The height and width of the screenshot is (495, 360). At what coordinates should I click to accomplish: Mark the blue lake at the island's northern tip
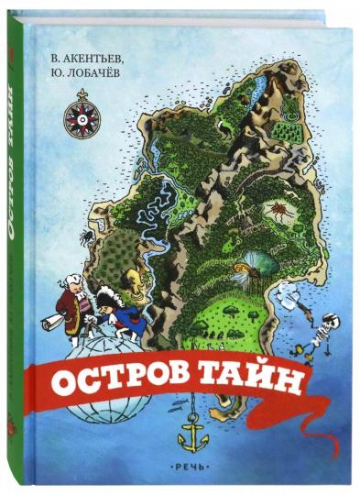coord(260,85)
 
